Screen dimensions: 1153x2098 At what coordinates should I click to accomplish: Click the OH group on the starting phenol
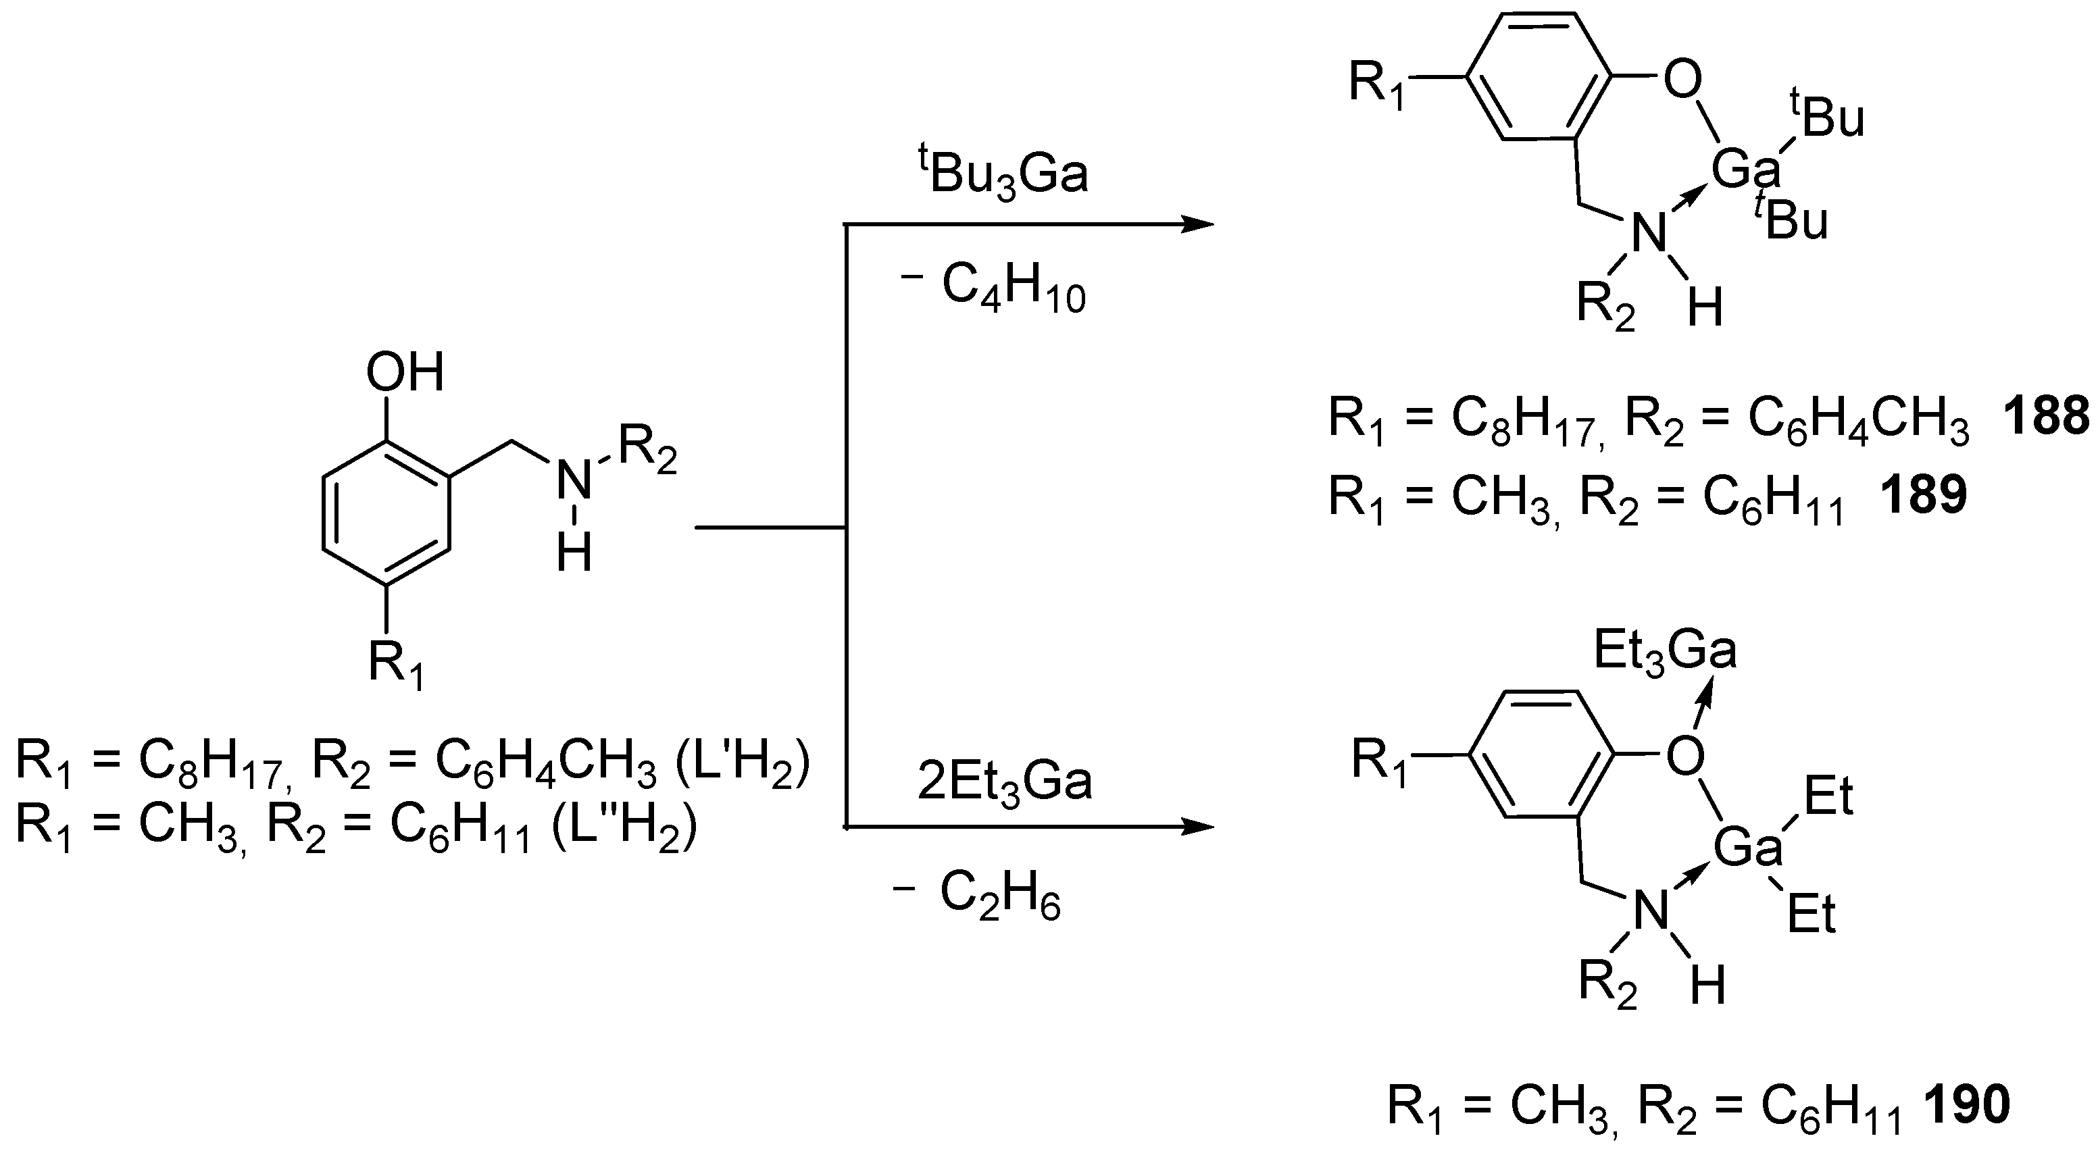pos(405,373)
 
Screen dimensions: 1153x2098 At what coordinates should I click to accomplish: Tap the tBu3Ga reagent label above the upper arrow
pos(1003,172)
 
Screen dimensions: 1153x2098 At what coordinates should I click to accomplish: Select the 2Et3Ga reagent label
pos(1004,782)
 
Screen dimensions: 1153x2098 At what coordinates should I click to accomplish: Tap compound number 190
pos(1966,1105)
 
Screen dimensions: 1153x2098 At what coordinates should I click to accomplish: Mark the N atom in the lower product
pos(1651,911)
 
